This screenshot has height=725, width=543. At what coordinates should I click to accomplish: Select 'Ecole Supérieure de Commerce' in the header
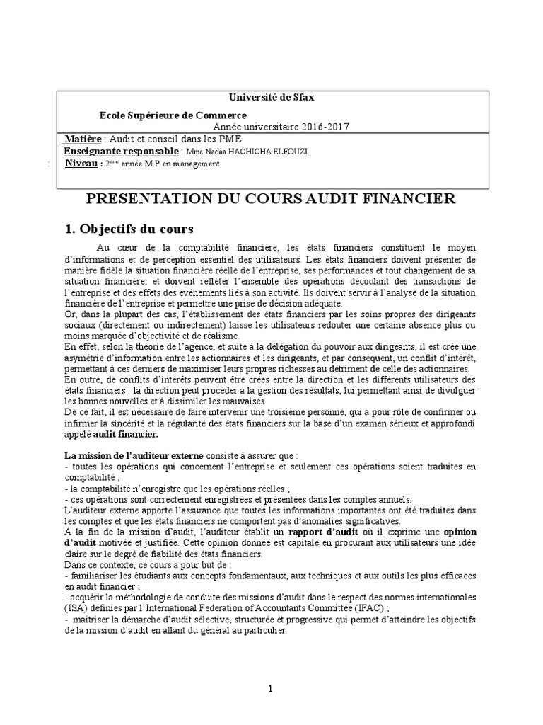pos(173,115)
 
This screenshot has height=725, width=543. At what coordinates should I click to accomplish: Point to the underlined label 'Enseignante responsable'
pos(121,152)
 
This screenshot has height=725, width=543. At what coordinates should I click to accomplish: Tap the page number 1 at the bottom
pos(270,688)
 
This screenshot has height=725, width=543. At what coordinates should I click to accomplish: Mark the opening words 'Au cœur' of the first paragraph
pos(115,247)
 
